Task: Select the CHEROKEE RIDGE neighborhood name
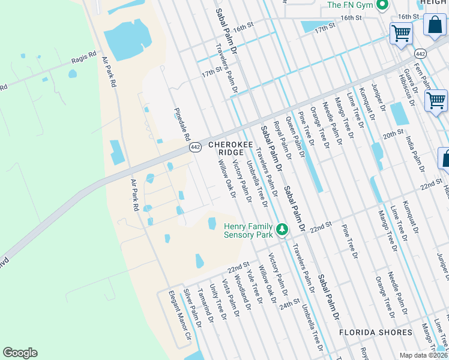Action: point(228,149)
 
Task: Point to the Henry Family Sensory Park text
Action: point(249,230)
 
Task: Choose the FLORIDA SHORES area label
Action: point(376,332)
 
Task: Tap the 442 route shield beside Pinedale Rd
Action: point(195,147)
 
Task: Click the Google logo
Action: point(20,353)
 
